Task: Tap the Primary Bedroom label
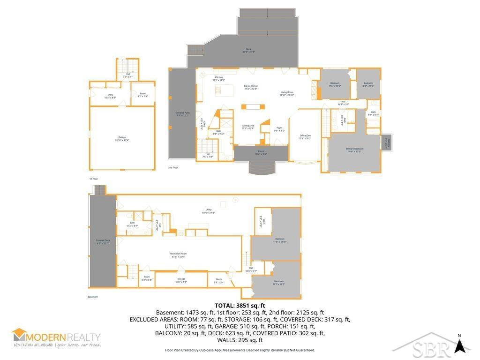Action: pos(355,150)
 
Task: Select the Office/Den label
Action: pos(305,137)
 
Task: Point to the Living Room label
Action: pos(287,93)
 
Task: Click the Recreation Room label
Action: pos(178,255)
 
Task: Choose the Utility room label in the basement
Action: pos(209,210)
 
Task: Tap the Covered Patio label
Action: pos(182,114)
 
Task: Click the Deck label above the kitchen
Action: pos(249,50)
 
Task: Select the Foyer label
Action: pos(279,129)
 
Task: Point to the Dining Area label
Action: pos(248,127)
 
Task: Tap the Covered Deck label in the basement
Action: pos(103,241)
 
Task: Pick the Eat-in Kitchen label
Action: pos(251,87)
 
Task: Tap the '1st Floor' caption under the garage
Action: pos(94,179)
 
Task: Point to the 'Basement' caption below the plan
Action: pos(93,297)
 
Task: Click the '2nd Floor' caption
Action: pos(173,167)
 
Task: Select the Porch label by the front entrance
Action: pos(261,153)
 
